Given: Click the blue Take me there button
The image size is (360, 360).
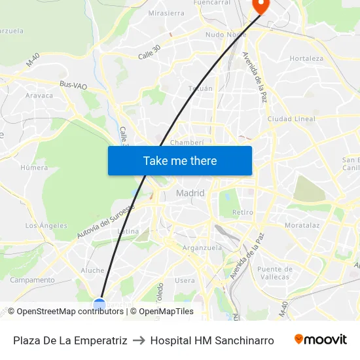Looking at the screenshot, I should point(180,161).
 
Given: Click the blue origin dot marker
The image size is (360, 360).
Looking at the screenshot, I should point(99,304).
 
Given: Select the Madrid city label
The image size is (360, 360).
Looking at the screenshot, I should point(190,193).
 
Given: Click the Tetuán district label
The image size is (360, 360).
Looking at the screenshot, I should point(200,88).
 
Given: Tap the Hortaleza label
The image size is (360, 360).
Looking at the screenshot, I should point(306,58).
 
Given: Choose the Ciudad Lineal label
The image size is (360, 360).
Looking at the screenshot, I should point(291,119).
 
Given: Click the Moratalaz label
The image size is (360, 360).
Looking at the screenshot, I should point(302,225).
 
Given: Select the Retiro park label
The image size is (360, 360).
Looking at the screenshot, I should point(243,212).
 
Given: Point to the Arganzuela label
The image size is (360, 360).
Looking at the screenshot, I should point(202,247).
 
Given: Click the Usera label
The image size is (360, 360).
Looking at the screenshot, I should point(185,280).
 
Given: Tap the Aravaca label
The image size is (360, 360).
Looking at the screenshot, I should point(39,95).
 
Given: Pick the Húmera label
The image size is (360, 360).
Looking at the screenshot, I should point(34,168).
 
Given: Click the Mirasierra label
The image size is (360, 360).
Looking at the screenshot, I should point(166,12).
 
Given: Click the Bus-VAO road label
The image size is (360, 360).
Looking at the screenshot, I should point(73,84).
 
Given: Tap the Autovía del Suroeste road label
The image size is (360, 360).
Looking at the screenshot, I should point(105,221).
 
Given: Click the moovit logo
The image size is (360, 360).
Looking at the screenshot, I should point(321,340).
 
